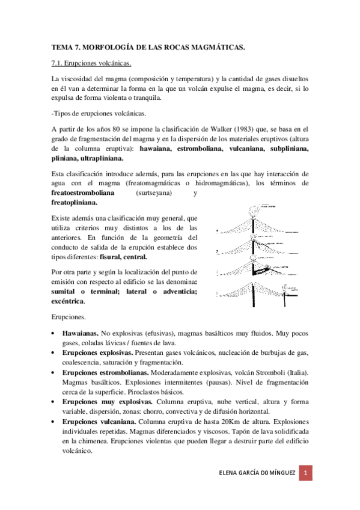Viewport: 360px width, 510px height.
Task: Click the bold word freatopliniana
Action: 76,203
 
